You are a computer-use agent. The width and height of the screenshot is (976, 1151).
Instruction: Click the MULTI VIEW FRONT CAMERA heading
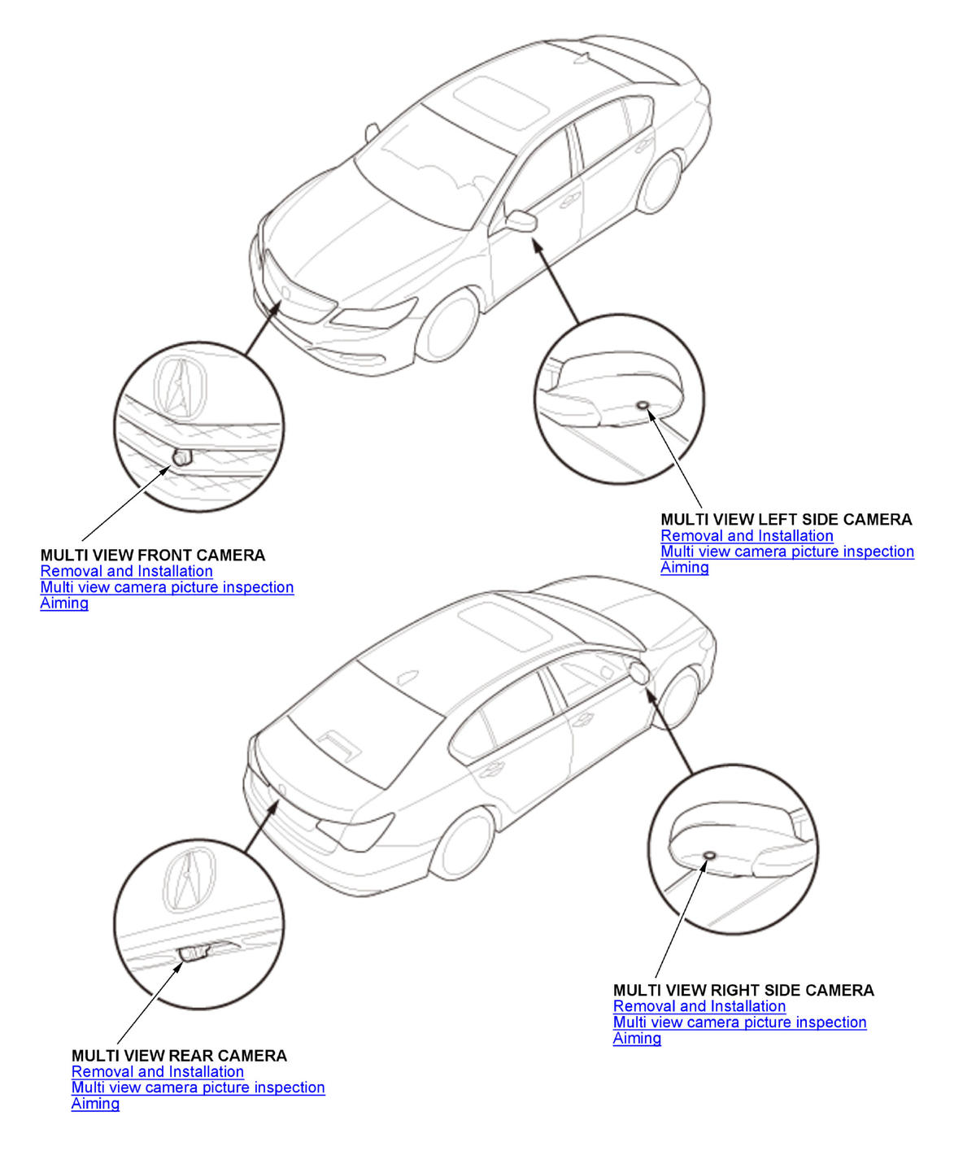pos(152,556)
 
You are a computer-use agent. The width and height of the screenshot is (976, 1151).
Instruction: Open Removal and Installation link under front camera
pos(126,571)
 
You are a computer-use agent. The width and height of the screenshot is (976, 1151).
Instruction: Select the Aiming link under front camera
pos(64,603)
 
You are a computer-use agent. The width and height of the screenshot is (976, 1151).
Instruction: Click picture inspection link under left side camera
pos(786,552)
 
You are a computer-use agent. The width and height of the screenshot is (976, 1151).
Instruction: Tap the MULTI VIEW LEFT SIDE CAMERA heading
pos(786,520)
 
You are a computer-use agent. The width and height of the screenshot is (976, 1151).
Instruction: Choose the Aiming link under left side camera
pos(684,567)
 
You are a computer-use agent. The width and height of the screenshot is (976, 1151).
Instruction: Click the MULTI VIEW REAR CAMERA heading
pos(179,1056)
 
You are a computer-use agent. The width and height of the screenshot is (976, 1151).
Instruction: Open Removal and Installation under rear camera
pos(157,1072)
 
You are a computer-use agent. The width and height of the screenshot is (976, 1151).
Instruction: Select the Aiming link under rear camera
pos(95,1104)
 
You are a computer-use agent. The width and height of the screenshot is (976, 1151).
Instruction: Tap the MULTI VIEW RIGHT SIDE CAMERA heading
pos(743,991)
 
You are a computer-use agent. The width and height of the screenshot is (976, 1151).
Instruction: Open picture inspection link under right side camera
pos(739,1022)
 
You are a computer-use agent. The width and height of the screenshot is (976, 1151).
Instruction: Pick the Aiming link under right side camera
pos(637,1038)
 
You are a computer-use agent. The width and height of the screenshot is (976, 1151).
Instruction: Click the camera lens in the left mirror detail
pos(643,405)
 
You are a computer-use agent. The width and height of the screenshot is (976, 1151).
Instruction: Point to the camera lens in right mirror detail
pos(708,857)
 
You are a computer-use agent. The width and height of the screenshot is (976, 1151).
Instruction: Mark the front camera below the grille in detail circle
pos(181,457)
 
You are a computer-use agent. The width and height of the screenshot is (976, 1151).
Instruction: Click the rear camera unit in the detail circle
pos(196,952)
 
